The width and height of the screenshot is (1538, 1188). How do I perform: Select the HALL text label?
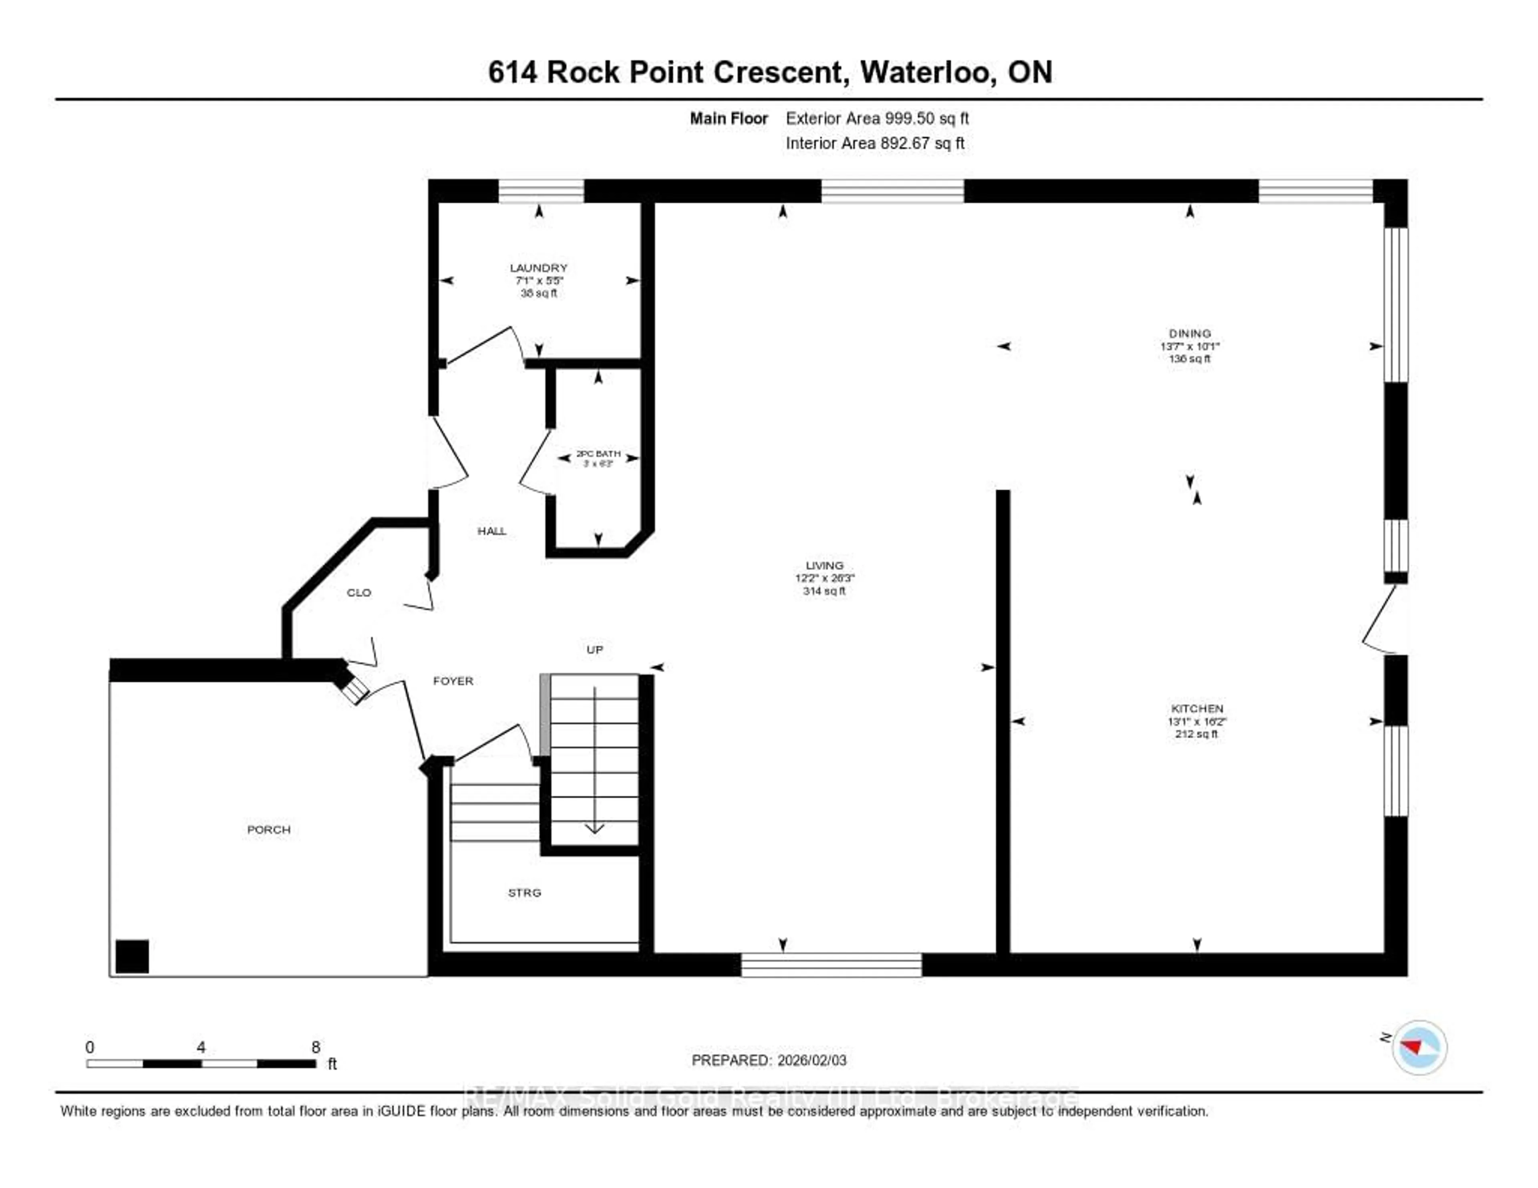(x=491, y=531)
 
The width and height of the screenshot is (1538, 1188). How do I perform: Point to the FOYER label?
(x=453, y=681)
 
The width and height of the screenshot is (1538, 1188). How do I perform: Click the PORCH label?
(x=268, y=830)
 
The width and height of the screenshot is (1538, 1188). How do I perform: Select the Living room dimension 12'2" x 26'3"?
(x=825, y=578)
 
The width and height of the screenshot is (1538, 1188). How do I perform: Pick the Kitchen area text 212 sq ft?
(x=1196, y=734)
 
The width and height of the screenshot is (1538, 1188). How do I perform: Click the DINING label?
(x=1190, y=333)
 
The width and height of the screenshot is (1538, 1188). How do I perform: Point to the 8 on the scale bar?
(x=316, y=1047)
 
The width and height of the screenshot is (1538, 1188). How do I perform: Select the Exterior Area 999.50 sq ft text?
(x=877, y=118)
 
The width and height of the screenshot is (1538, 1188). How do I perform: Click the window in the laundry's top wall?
(x=541, y=191)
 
